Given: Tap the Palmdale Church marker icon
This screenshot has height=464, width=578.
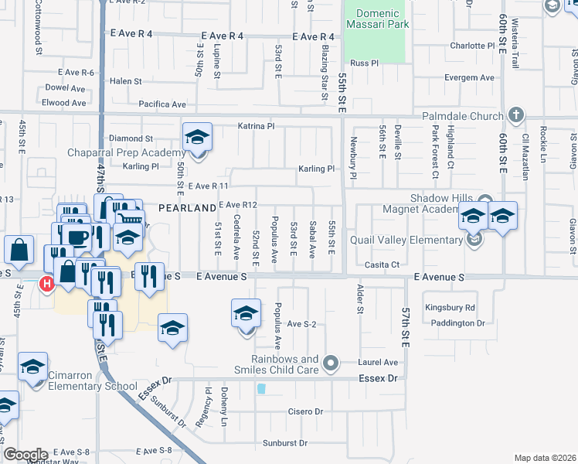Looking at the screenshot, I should click(517, 115).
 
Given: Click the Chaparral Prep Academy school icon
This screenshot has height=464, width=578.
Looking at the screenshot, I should click(197, 138).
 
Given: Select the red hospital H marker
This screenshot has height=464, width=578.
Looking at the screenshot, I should click(47, 285).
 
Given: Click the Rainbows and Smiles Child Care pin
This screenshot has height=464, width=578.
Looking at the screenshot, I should click(331, 362).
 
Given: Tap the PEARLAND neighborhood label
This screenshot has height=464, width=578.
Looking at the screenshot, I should click(187, 208).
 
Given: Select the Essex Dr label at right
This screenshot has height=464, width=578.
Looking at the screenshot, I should click(377, 378).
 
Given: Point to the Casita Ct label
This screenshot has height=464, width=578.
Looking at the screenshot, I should click(382, 264).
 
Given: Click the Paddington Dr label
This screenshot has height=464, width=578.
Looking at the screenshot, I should click(457, 323).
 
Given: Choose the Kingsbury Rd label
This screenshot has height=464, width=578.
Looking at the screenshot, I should click(450, 308).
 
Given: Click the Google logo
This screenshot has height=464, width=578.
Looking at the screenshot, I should click(25, 454).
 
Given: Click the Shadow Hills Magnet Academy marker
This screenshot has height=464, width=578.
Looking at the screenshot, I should click(485, 200).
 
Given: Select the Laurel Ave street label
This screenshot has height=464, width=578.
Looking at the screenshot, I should click(378, 362).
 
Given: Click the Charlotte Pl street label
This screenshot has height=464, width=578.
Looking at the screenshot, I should click(472, 46).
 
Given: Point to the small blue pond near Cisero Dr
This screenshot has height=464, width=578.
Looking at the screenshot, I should click(261, 389).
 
